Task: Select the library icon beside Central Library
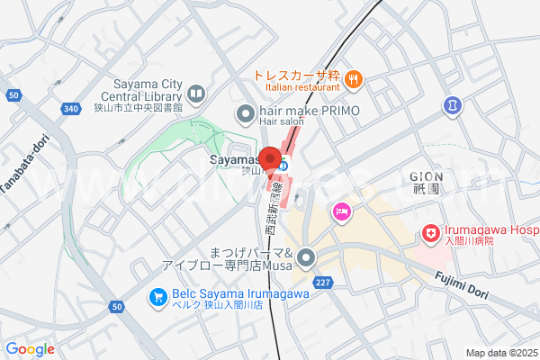tap(195, 93)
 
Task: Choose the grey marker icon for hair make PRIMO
tap(244, 113)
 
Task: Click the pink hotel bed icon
tap(342, 212)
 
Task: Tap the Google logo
tap(30, 349)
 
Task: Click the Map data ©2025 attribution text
tap(501, 352)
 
